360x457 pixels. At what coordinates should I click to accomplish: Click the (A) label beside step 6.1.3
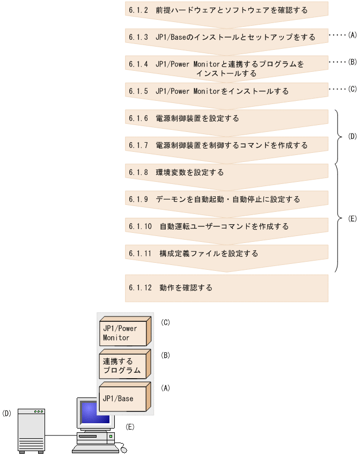coord(352,35)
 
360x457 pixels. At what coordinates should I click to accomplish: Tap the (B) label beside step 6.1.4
coord(352,62)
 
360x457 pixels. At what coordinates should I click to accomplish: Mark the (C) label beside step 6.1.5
coord(352,89)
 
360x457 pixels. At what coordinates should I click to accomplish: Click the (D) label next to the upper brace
coord(352,137)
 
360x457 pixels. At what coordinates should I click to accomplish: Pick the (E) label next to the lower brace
coord(352,218)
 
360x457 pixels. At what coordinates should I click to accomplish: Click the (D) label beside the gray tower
coord(7,414)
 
